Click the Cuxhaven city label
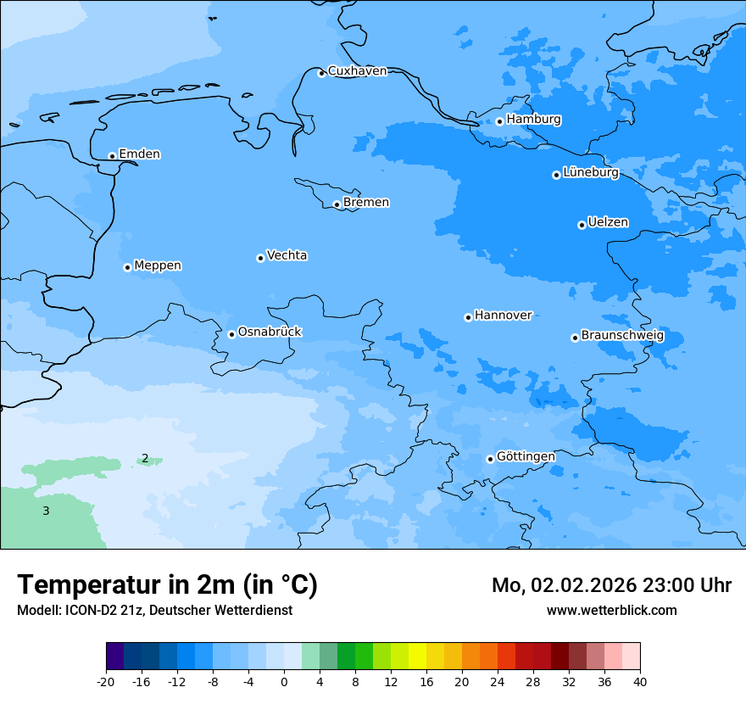click(x=357, y=71)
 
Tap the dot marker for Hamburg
click(x=499, y=121)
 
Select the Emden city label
click(x=139, y=154)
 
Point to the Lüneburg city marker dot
click(x=556, y=175)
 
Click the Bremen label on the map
click(x=366, y=203)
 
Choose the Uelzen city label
click(x=608, y=223)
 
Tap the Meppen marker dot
click(x=127, y=267)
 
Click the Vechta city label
click(x=287, y=255)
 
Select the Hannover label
click(x=503, y=316)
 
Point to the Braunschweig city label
click(x=622, y=336)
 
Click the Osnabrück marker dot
click(x=231, y=334)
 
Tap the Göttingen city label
click(x=526, y=457)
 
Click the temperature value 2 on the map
click(x=145, y=459)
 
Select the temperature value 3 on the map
click(x=46, y=511)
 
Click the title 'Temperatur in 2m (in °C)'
click(x=167, y=585)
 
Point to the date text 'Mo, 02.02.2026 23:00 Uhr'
click(x=611, y=585)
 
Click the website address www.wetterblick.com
click(x=611, y=611)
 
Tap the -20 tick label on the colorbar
click(x=106, y=682)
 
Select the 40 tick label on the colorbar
click(x=640, y=682)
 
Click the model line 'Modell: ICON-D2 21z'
click(x=154, y=611)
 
